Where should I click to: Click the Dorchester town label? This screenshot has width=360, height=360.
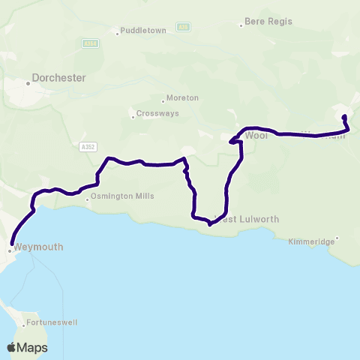point(59,77)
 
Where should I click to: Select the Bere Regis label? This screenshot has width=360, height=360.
point(267,23)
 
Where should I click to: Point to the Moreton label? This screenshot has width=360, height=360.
point(183,98)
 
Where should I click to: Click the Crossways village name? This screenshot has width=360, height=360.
point(155,114)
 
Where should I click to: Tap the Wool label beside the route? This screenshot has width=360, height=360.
point(256,136)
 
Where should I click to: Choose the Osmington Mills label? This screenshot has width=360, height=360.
point(122,196)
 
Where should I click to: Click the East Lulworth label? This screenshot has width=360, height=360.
point(248,219)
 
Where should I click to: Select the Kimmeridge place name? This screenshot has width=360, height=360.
point(311,242)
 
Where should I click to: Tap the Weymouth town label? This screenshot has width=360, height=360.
point(38,247)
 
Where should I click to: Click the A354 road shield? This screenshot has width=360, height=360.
point(90,44)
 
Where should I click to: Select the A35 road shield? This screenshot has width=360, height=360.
point(181,27)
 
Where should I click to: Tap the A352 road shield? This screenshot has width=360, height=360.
point(87,147)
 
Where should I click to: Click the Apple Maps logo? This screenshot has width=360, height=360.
point(28,347)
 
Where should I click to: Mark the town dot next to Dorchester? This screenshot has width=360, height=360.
point(28,83)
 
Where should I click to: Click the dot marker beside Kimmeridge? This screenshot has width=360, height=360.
point(337,238)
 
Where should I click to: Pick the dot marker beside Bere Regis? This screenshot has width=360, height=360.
point(241,24)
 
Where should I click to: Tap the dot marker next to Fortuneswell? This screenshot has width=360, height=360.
point(20,322)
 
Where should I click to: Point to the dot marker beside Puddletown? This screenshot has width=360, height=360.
point(118,32)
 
